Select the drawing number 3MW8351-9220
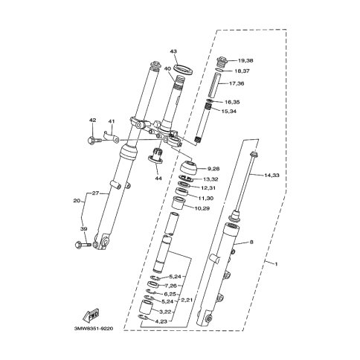[94, 329]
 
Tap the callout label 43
[173, 51]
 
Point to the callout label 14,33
[271, 176]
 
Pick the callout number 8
[251, 242]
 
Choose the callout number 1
[276, 264]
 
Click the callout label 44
[158, 179]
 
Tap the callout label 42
[92, 120]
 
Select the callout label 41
[112, 121]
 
